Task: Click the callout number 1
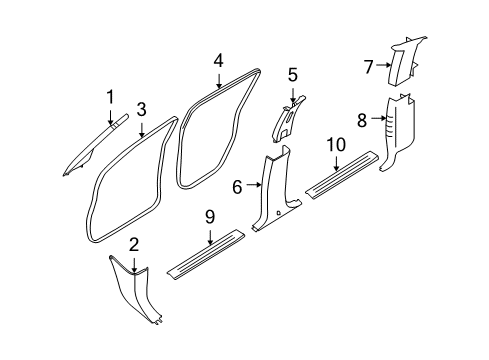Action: click(x=110, y=97)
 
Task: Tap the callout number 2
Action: click(x=134, y=245)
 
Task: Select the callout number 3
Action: click(x=142, y=109)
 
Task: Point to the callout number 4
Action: click(x=219, y=61)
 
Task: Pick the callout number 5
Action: click(x=293, y=75)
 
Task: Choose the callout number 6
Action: click(x=237, y=187)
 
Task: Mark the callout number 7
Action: click(x=368, y=67)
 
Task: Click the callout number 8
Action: click(x=362, y=120)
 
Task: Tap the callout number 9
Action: click(x=210, y=217)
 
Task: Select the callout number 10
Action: click(x=336, y=145)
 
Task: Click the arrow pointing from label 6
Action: click(x=253, y=184)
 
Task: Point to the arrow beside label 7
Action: click(x=383, y=65)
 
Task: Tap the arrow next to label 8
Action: click(x=379, y=118)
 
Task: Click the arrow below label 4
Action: click(x=219, y=81)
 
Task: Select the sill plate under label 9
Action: click(x=206, y=254)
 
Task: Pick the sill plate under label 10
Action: click(x=342, y=175)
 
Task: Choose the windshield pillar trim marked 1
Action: click(x=95, y=145)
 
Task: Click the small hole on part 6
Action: click(x=278, y=212)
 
